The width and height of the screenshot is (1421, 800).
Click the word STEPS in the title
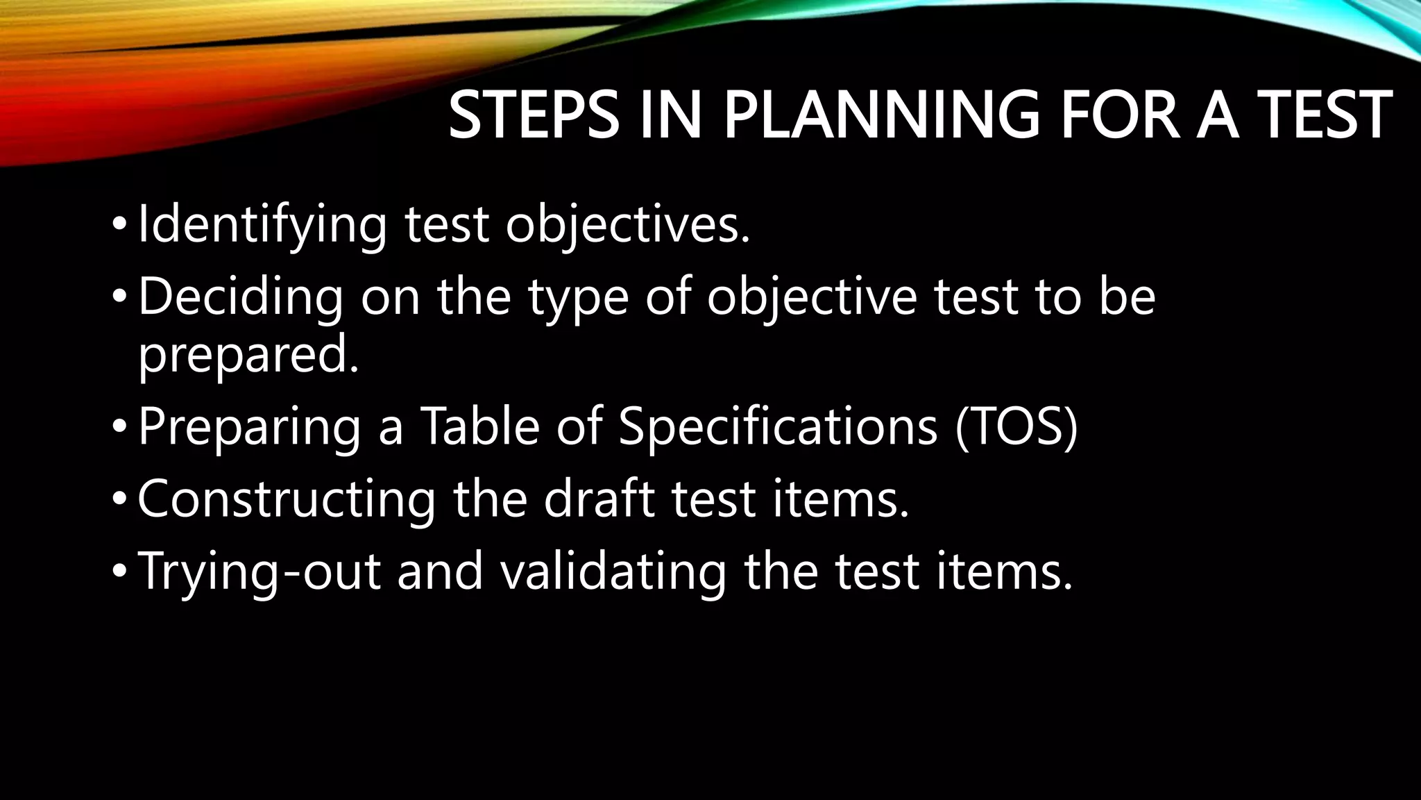[x=533, y=115]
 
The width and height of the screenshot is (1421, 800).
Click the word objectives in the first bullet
[x=627, y=225]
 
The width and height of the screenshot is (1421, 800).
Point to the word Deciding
[x=240, y=297]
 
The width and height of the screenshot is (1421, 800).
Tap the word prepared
[x=248, y=354]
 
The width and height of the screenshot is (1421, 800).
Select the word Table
[x=479, y=426]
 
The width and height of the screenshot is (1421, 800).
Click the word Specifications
[x=778, y=426]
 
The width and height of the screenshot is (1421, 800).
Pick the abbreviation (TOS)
[x=1016, y=426]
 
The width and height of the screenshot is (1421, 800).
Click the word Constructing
[x=287, y=499]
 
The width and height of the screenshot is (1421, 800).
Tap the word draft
[x=599, y=499]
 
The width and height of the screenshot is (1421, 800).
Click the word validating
[x=612, y=572]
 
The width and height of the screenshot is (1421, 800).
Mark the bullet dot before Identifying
[x=119, y=226]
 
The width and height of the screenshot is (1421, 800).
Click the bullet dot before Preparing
[x=119, y=427]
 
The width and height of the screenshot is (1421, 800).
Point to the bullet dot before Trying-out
[x=119, y=572]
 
